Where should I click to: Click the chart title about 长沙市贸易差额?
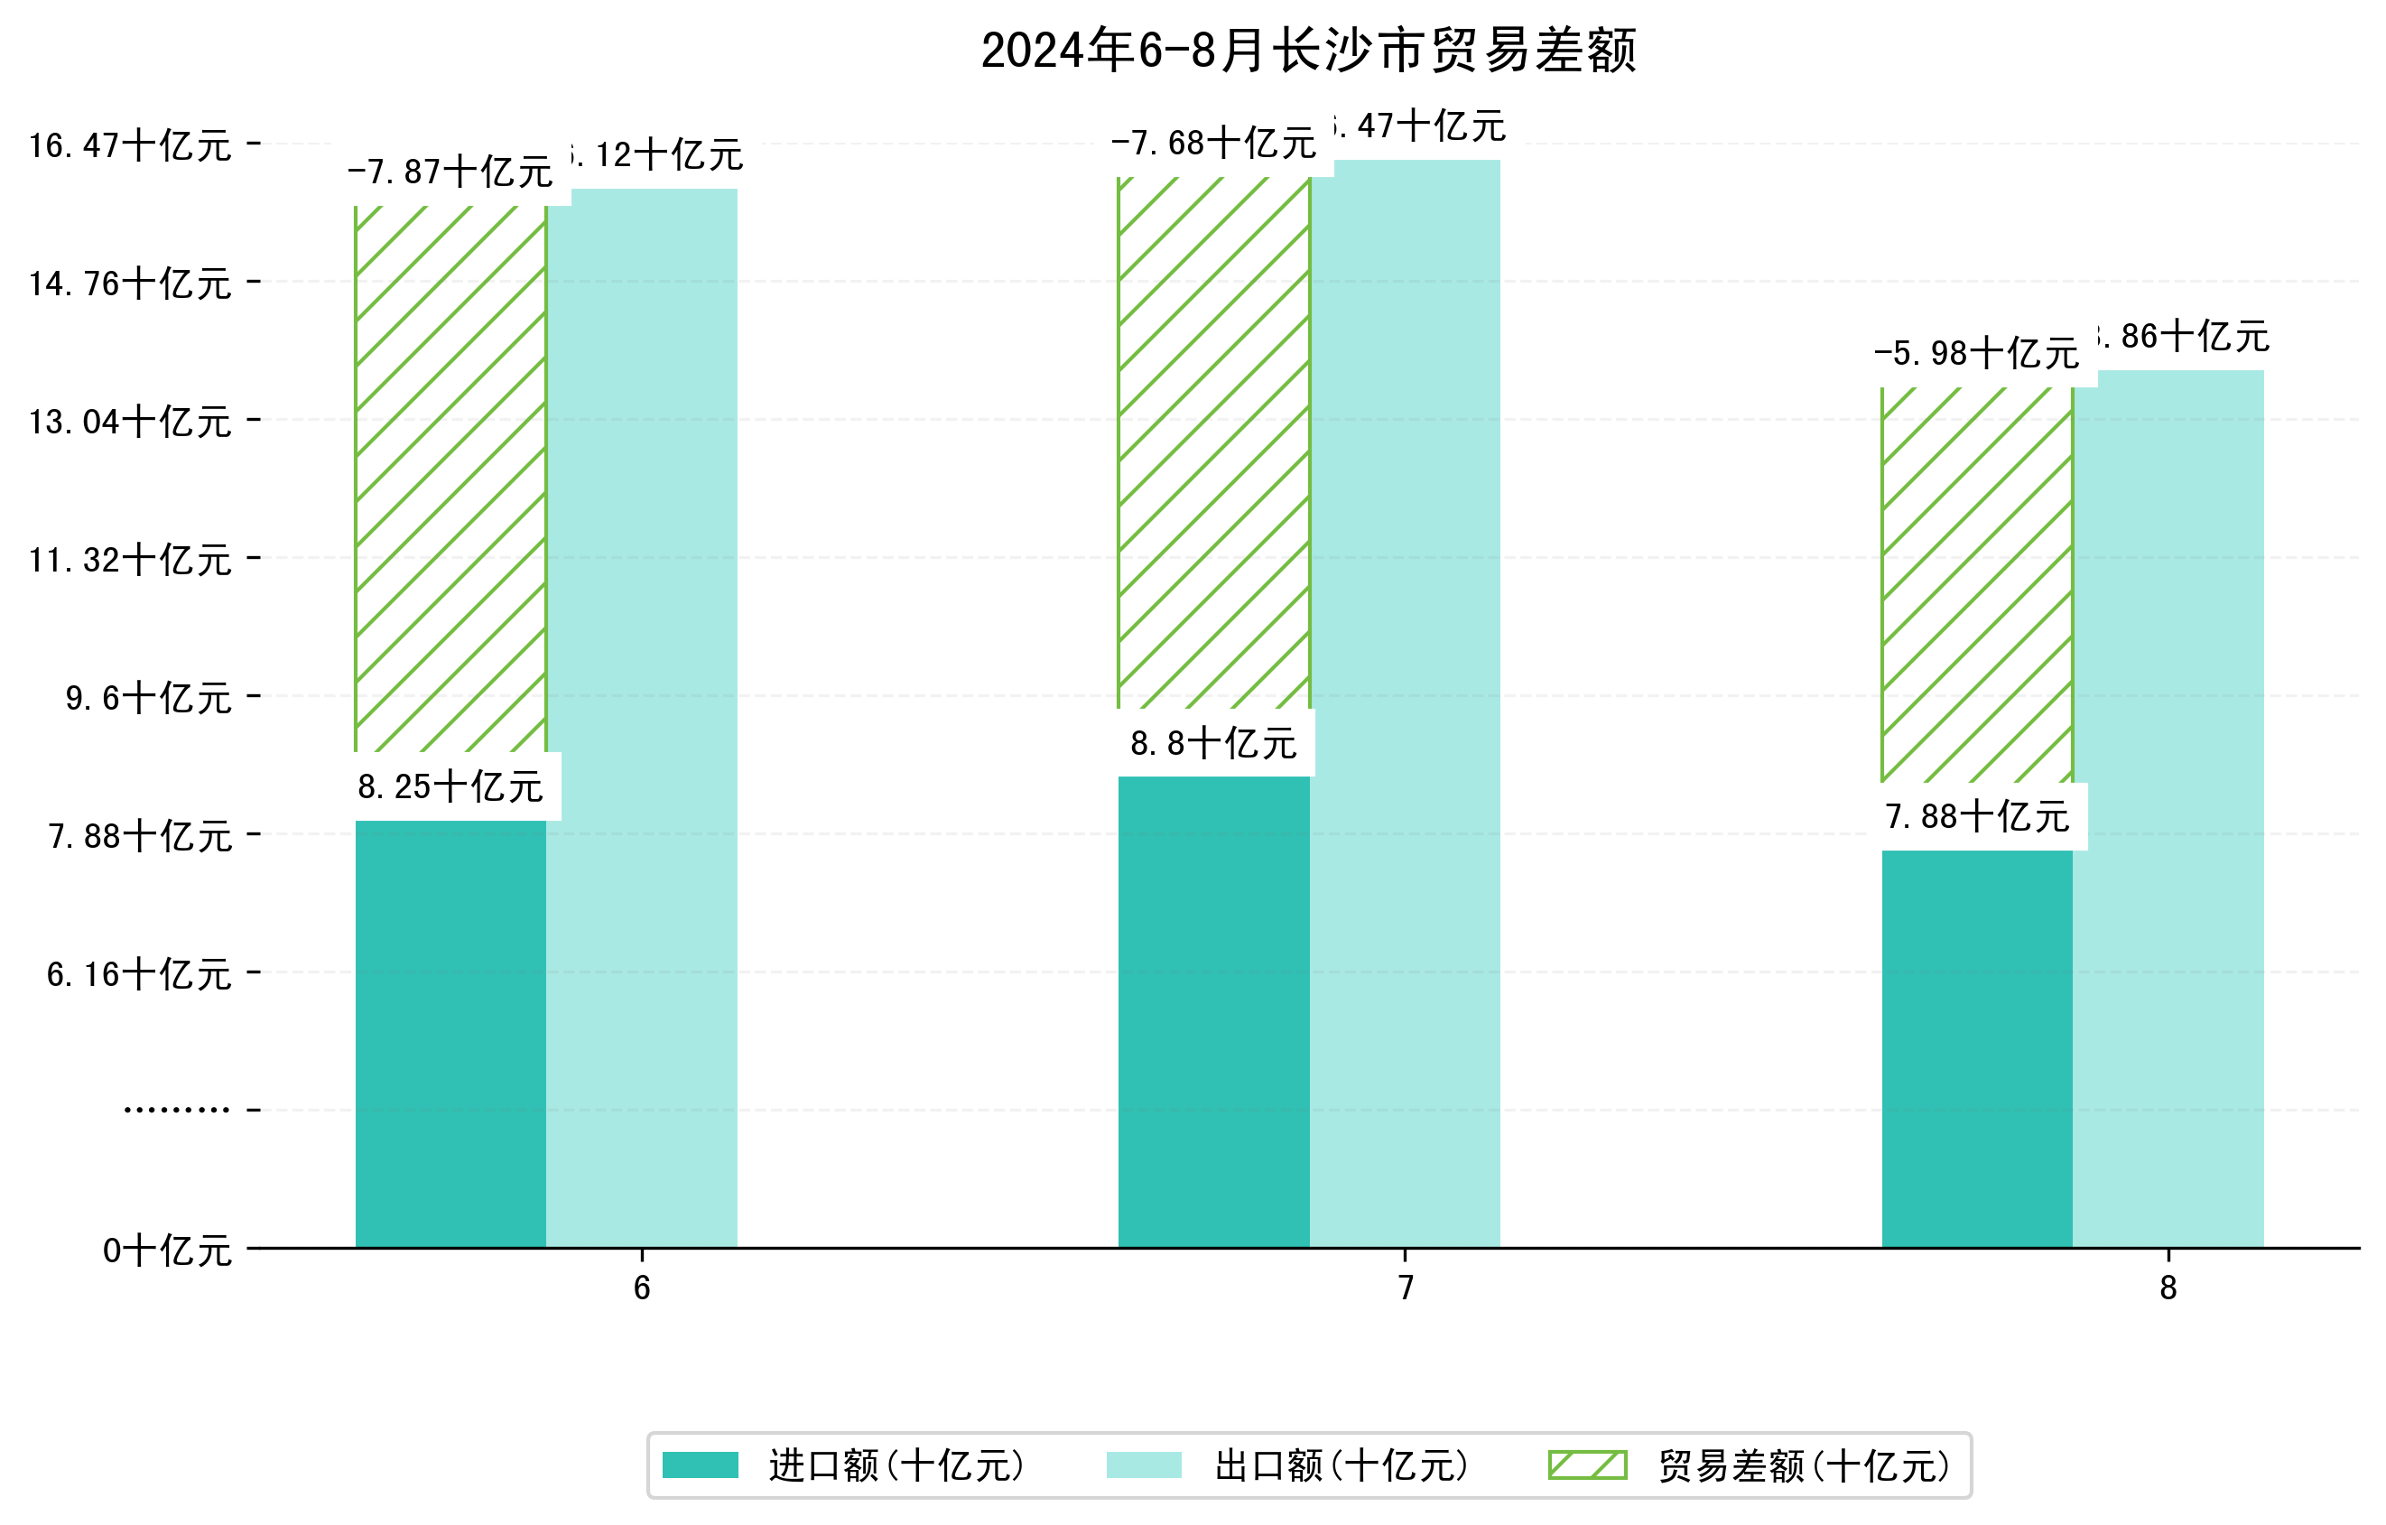(1308, 51)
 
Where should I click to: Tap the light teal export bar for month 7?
(1404, 703)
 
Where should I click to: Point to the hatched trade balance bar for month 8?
(1977, 585)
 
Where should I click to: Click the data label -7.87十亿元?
(450, 172)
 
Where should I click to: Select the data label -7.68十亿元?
(1212, 144)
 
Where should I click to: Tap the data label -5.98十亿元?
(1976, 354)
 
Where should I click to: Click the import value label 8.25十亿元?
(450, 787)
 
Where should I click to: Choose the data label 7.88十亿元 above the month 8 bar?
(1977, 817)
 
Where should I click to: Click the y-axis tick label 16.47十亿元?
(130, 146)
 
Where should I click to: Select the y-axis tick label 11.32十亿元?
(130, 561)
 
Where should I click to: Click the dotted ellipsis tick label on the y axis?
(176, 1111)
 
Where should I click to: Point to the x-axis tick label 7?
(1405, 1288)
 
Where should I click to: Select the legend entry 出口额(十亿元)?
(1341, 1465)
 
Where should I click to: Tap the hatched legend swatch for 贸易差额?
(1587, 1465)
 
